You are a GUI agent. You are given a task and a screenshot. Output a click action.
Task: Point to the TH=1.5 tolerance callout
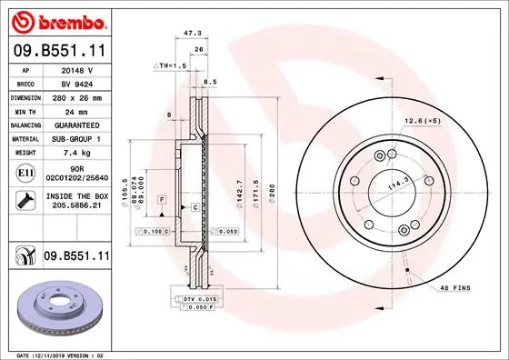pos(171,66)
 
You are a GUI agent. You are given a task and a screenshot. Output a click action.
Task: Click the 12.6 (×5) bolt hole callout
pos(423,120)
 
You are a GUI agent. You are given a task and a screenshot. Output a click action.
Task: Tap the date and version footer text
pos(59,354)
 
